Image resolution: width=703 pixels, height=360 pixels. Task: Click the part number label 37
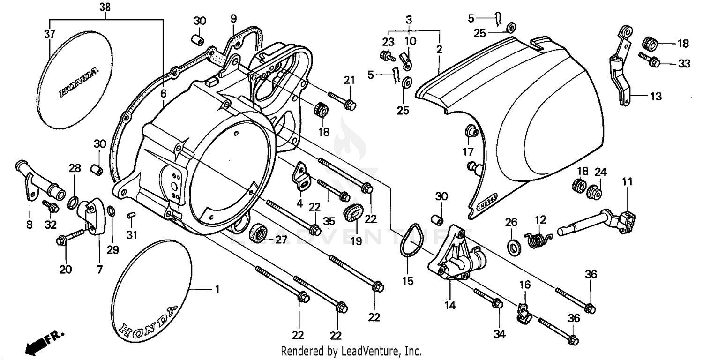pyautogui.click(x=50, y=34)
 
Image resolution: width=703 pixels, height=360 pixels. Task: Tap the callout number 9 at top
pyautogui.click(x=233, y=19)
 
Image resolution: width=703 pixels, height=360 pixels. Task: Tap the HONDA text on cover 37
pyautogui.click(x=79, y=83)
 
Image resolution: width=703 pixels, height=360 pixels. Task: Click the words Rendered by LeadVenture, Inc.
pyautogui.click(x=351, y=351)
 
